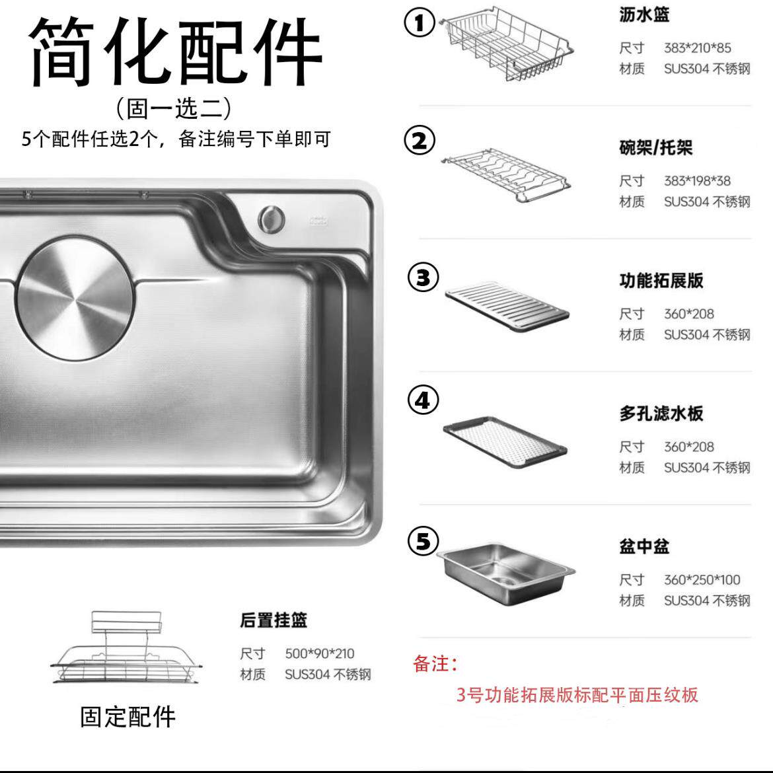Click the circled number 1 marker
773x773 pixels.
click(420, 23)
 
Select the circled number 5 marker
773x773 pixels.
click(423, 541)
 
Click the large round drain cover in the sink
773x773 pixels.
click(73, 299)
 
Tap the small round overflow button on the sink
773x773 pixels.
click(271, 219)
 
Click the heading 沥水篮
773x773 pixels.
click(644, 15)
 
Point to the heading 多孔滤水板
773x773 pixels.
click(661, 414)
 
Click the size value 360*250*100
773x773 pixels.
click(702, 580)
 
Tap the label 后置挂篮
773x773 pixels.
click(273, 620)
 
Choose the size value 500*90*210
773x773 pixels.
click(320, 653)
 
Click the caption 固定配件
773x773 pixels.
click(128, 717)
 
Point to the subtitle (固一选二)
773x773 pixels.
click(174, 107)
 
